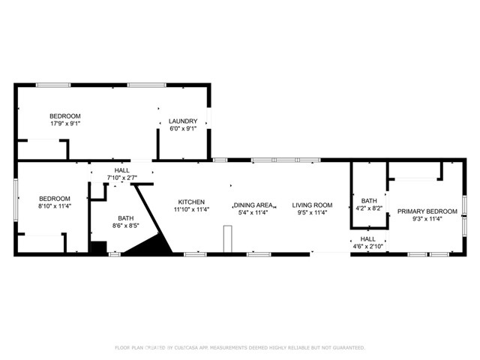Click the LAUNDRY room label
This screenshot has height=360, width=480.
[183, 121]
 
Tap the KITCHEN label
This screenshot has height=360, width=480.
[191, 202]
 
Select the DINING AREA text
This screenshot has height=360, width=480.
[253, 205]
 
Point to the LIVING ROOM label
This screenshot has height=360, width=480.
[312, 205]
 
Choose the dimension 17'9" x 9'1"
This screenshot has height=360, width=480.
[65, 123]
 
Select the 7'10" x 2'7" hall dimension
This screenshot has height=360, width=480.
[122, 178]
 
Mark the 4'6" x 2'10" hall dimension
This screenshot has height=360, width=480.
[367, 245]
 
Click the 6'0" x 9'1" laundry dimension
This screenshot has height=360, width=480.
[183, 128]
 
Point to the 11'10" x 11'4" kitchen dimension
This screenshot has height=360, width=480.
[191, 209]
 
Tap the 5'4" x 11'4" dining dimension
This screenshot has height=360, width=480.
[253, 212]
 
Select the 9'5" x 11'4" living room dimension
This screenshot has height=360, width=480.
[312, 212]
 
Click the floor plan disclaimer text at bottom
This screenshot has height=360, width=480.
[240, 347]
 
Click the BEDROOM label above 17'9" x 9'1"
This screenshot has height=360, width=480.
[65, 115]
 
